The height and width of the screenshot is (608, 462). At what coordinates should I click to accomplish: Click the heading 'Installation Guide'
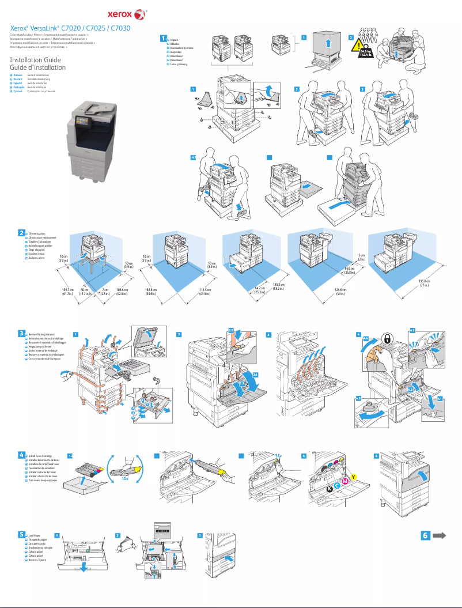[35, 60]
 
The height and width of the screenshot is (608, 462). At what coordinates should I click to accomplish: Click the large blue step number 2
[21, 233]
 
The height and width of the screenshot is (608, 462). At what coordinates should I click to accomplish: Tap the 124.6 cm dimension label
[340, 291]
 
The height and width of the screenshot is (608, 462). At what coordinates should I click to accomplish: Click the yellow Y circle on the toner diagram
[354, 476]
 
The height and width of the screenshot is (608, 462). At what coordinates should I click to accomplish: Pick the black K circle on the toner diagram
[329, 489]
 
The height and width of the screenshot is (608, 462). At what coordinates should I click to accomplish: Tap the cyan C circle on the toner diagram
[337, 486]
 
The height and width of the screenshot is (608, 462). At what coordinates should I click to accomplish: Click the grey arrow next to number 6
[440, 535]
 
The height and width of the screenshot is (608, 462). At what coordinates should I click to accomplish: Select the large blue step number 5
[21, 534]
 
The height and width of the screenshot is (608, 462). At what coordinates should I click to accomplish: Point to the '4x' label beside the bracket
[197, 99]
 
